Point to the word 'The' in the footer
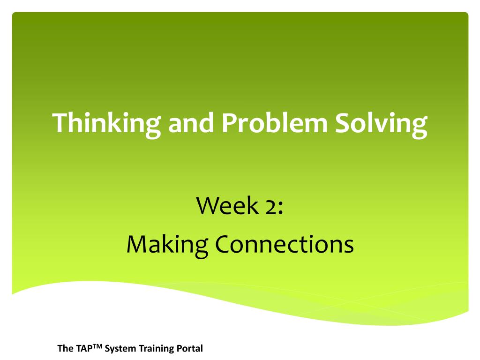tap(64, 349)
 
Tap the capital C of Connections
tap(222, 245)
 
